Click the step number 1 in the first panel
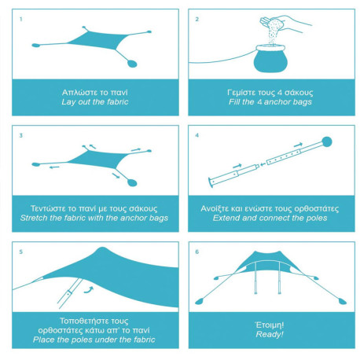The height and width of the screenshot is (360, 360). (x=21, y=19)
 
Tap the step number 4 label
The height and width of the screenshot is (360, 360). (x=197, y=135)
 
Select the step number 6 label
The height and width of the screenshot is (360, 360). (x=197, y=252)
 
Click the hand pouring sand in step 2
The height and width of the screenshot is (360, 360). (x=285, y=23)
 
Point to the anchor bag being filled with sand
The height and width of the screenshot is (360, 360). (x=270, y=59)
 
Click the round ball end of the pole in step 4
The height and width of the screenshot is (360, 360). (x=326, y=142)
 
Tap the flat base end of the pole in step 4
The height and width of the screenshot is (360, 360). (x=210, y=182)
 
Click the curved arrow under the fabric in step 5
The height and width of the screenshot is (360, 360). (x=89, y=290)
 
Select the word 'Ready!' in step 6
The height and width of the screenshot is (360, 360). (x=270, y=334)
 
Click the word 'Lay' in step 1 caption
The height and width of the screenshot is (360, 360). (x=67, y=102)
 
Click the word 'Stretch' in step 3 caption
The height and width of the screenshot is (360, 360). (x=33, y=218)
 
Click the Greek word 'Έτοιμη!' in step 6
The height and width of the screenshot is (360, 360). (x=270, y=325)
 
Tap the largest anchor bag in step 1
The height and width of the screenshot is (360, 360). (x=132, y=64)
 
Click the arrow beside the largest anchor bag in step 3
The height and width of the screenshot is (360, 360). (x=116, y=175)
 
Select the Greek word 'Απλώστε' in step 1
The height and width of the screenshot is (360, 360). (x=75, y=93)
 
